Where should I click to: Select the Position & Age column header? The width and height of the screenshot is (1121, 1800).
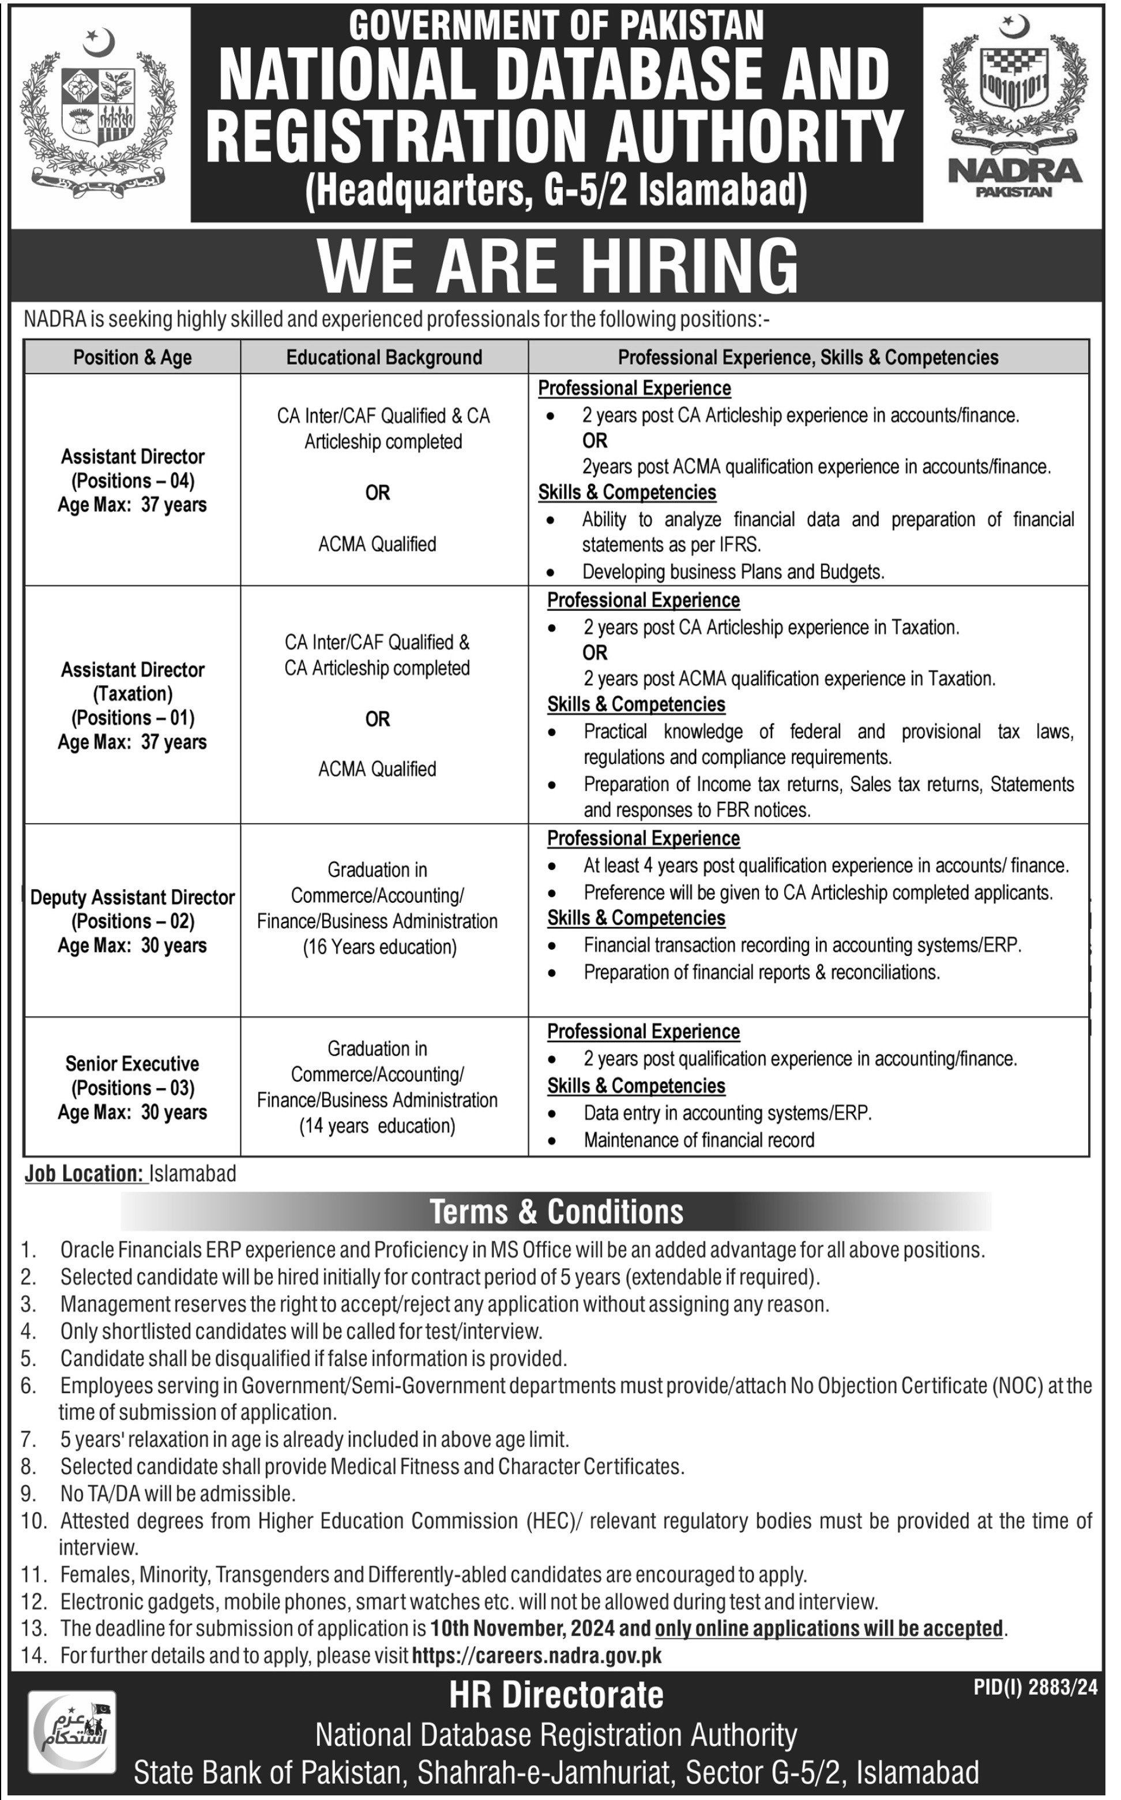click(133, 358)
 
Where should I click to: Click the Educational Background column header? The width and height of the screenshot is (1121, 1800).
click(384, 358)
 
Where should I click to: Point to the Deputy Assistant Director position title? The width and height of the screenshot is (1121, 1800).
click(133, 898)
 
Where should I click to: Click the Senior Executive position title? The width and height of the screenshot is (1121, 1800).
click(133, 1063)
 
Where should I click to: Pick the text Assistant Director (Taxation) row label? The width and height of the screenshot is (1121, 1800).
click(133, 681)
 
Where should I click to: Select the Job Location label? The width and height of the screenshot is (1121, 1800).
click(85, 1173)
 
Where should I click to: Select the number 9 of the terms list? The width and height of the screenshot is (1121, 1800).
click(28, 1493)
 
